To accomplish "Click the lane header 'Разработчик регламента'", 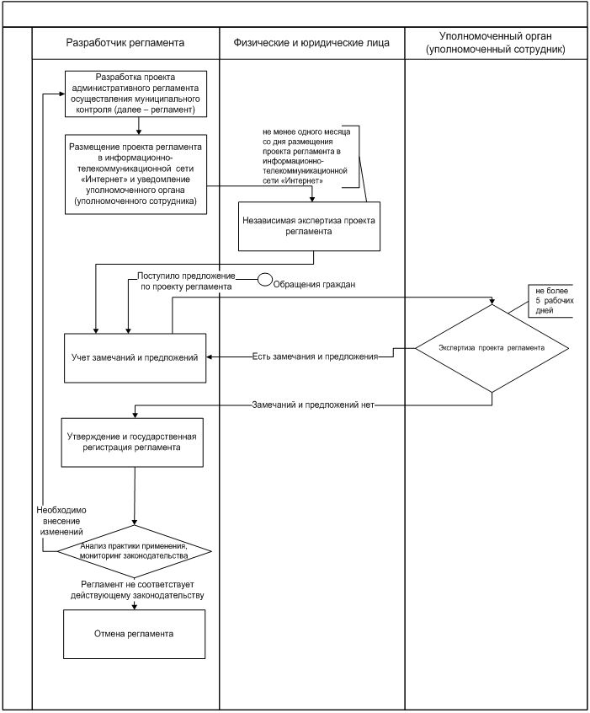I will point(125,41).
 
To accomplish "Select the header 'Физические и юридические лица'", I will point(311,41).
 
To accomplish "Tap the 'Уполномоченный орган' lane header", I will point(495,42).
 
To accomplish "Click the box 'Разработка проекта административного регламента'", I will point(138,93).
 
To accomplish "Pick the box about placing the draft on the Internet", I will point(136,174).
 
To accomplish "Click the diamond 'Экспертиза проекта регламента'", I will point(492,347).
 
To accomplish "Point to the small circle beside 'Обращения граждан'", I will point(263,279).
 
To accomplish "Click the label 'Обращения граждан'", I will point(314,285).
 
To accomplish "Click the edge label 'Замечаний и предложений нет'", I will point(312,405).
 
